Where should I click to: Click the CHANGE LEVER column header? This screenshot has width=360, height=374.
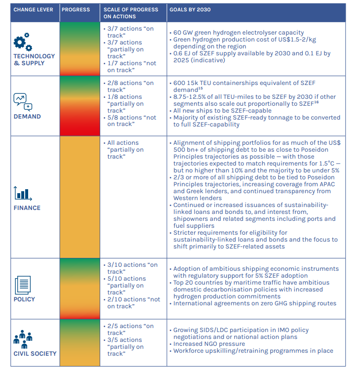pyautogui.click(x=33, y=9)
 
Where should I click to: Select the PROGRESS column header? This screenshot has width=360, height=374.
pyautogui.click(x=76, y=9)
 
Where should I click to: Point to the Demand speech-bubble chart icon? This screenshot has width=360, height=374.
pyautogui.click(x=23, y=102)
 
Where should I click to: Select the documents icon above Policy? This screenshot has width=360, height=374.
pyautogui.click(x=23, y=284)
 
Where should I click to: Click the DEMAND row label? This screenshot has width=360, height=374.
pyautogui.click(x=27, y=117)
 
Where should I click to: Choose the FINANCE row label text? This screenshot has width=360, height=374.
pyautogui.click(x=27, y=208)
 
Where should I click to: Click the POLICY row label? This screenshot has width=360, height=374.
pyautogui.click(x=25, y=299)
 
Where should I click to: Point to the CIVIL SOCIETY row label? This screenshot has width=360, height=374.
pyautogui.click(x=35, y=354)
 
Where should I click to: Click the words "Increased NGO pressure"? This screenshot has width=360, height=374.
pyautogui.click(x=209, y=344)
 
